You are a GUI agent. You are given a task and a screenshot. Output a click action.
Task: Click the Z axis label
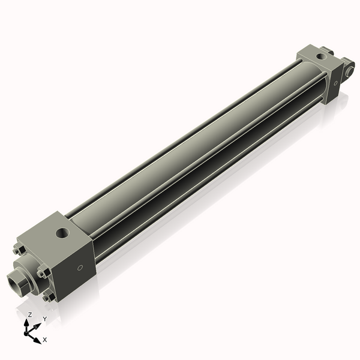pos(30,314)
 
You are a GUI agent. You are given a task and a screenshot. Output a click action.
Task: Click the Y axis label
pos(45,319)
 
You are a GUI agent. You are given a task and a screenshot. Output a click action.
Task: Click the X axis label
pos(45,340)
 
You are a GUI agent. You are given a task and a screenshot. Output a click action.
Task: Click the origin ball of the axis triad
pos(28,331)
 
